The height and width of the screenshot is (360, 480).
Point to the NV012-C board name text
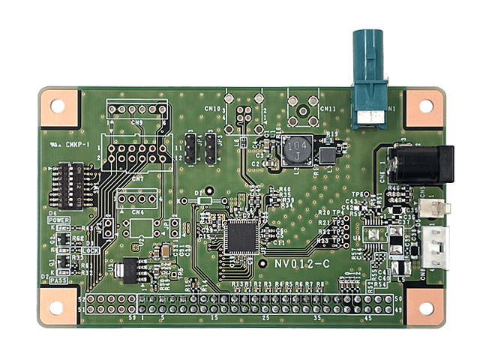[x=302, y=264]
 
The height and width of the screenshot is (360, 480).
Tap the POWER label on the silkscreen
[x=59, y=221]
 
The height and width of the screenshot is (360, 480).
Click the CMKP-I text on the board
[x=77, y=145]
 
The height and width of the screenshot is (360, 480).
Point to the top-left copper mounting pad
[x=58, y=106]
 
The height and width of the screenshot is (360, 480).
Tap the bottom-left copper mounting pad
[x=57, y=307]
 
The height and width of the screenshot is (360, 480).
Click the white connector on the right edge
[x=433, y=241]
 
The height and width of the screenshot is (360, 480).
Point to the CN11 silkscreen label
[x=328, y=109]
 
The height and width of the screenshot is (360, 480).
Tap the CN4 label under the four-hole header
[x=137, y=212]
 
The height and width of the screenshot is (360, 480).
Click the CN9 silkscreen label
[x=136, y=121]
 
